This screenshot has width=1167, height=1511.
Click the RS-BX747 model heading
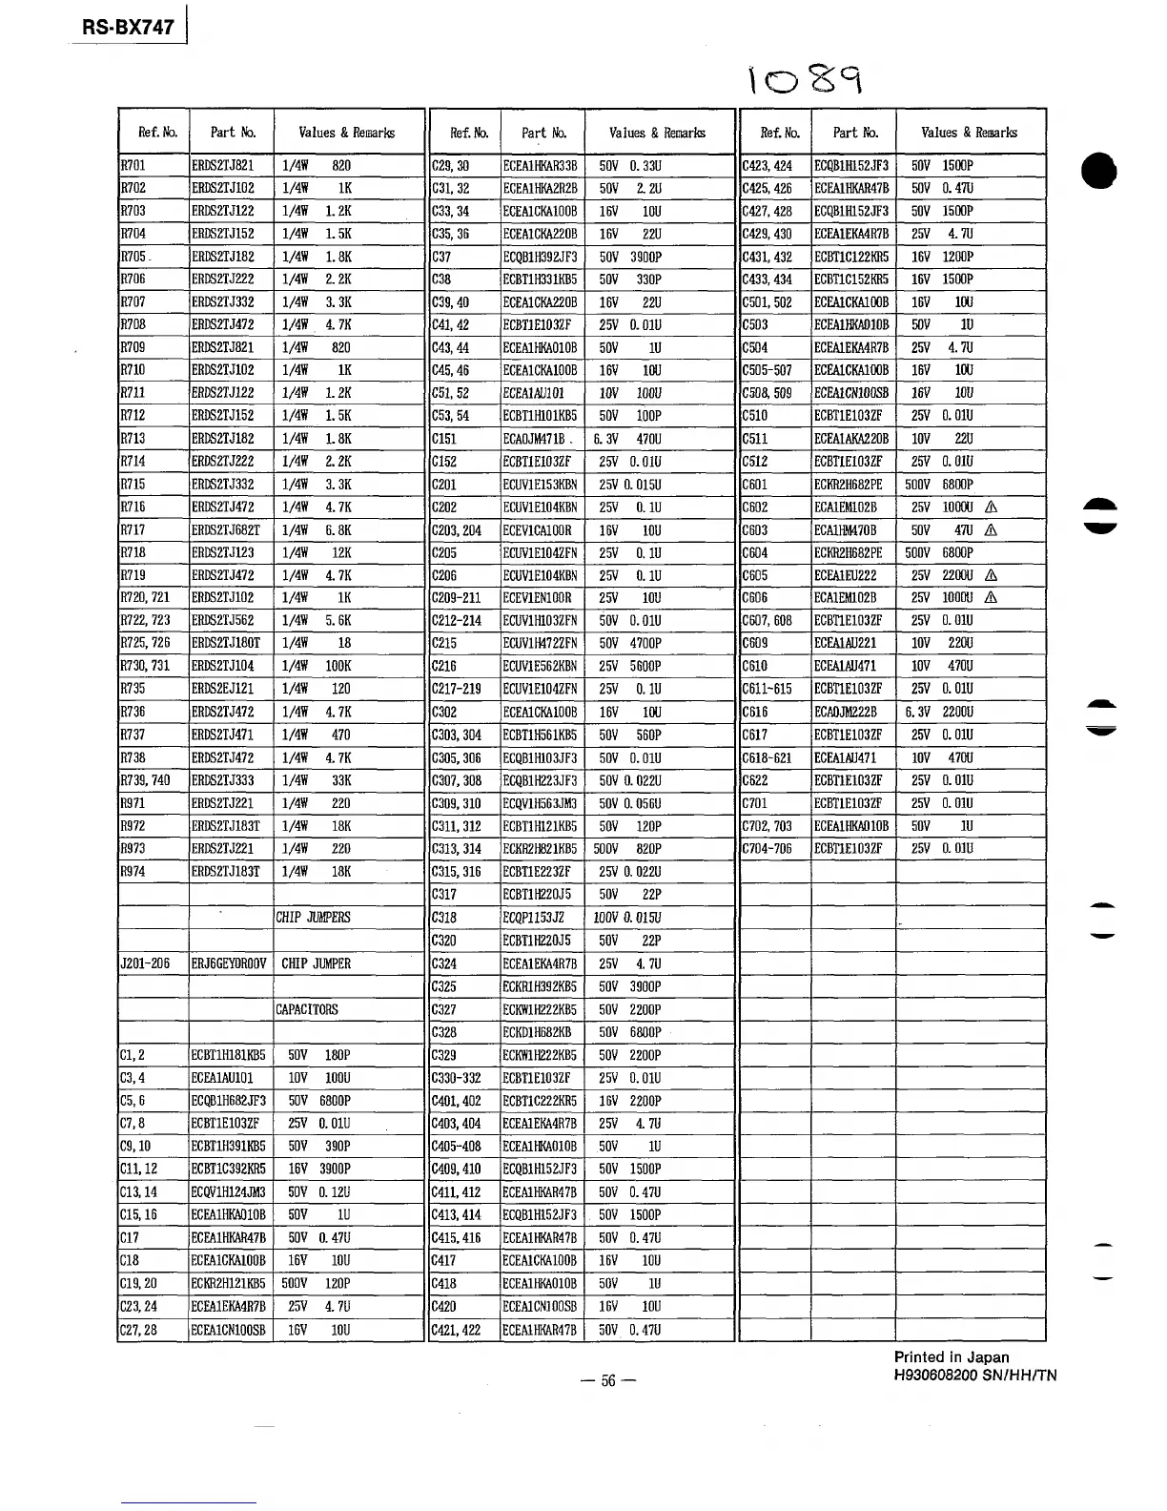[128, 28]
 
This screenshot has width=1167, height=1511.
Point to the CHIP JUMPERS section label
[313, 918]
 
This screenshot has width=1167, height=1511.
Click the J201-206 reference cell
[145, 963]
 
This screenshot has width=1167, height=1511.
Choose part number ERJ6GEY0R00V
[230, 963]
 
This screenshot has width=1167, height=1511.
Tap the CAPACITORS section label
[307, 1009]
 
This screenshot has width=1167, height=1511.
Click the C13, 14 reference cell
[138, 1192]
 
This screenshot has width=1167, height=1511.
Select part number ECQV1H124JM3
[229, 1192]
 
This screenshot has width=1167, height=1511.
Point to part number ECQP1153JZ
[534, 918]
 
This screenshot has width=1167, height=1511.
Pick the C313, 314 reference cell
[457, 849]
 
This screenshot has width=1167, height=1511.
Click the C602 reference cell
[755, 507]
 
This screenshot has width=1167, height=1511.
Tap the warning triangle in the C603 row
[992, 530]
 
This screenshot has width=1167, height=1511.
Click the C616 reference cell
[755, 713]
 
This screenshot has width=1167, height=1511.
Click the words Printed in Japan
[951, 1357]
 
